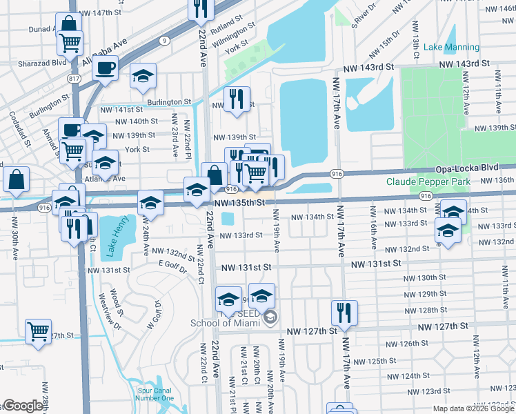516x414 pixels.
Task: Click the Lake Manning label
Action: click(x=451, y=47)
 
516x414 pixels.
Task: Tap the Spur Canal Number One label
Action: click(x=154, y=393)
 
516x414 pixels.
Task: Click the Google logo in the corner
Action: click(x=23, y=406)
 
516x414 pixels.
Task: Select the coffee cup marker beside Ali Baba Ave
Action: click(x=105, y=69)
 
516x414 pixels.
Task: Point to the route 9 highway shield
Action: click(x=163, y=41)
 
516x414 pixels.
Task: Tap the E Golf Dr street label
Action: click(x=172, y=264)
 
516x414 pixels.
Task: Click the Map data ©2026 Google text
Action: click(x=473, y=408)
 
